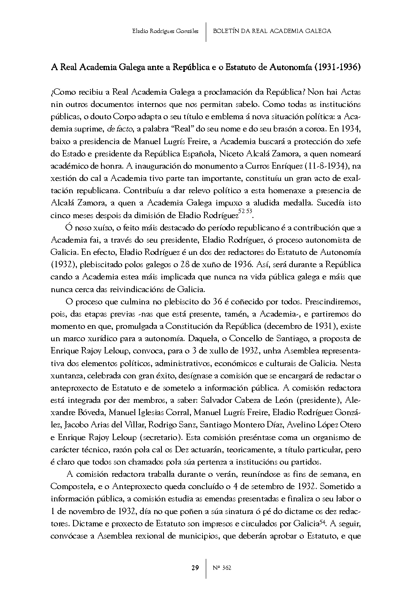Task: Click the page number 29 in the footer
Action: pyautogui.click(x=195, y=568)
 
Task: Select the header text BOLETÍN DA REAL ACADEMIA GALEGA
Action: pyautogui.click(x=272, y=31)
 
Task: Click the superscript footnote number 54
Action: pyautogui.click(x=321, y=522)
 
